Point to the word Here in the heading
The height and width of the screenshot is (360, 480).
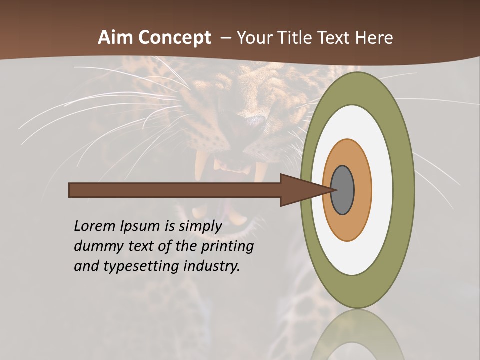(374, 38)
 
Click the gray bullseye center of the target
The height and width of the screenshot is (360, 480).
(343, 190)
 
